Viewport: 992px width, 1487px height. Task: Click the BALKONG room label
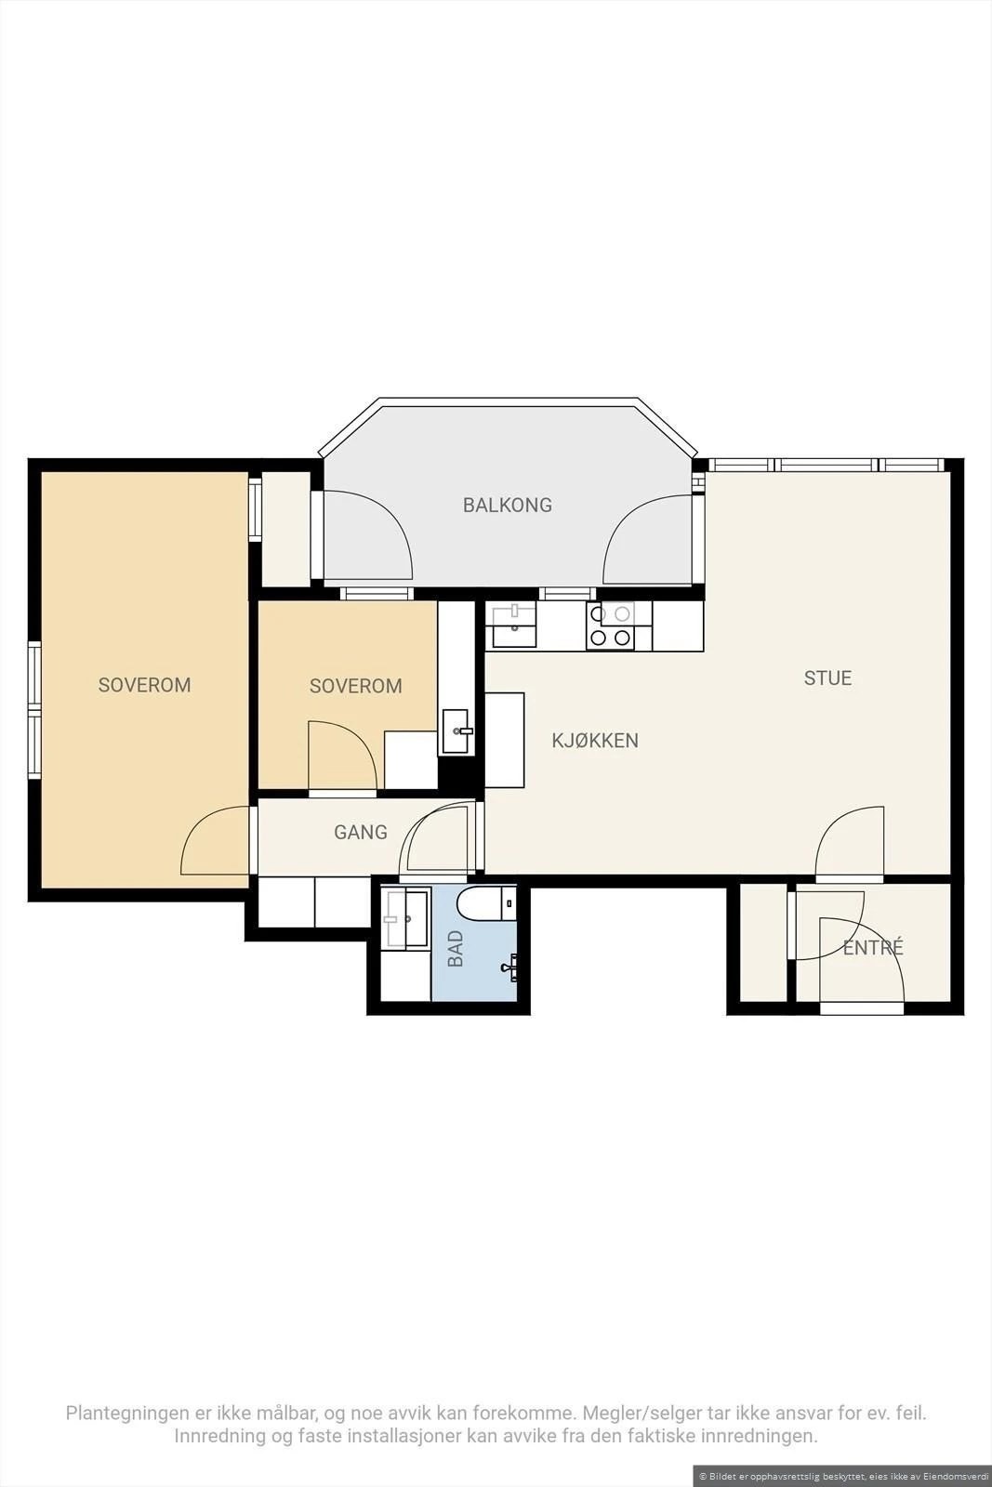tap(508, 506)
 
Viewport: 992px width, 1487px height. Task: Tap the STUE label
tap(827, 678)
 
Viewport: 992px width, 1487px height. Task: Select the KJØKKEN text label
tap(595, 741)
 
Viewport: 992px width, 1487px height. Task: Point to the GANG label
tap(361, 832)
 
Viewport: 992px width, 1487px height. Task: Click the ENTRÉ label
tap(872, 947)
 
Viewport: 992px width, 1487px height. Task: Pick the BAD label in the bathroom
tap(456, 948)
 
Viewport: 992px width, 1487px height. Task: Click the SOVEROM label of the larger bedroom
tap(145, 685)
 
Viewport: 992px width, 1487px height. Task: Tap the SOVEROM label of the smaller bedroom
tap(356, 686)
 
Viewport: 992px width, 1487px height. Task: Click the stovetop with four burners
tap(610, 626)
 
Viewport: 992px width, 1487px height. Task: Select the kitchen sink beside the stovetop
tap(513, 625)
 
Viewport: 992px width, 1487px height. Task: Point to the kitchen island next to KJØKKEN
tap(505, 740)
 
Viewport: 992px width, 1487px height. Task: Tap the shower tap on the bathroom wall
tap(510, 967)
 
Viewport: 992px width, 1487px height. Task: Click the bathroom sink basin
tap(405, 918)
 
